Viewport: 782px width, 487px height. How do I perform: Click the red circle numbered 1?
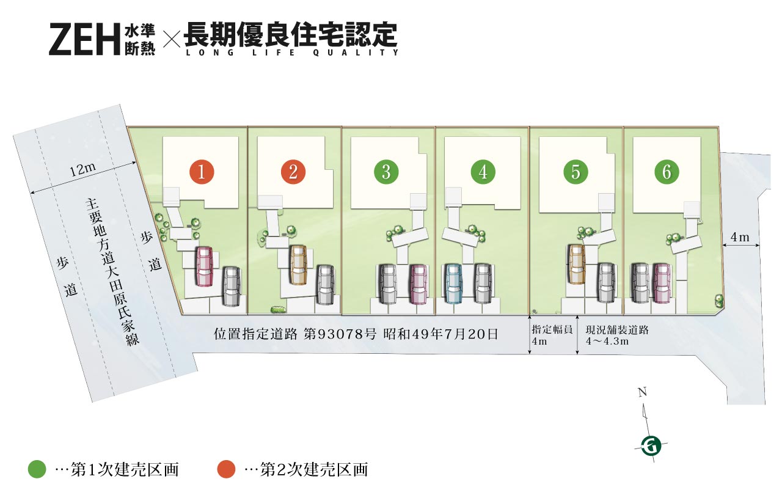click(202, 172)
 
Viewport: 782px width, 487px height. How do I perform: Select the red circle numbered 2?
click(293, 172)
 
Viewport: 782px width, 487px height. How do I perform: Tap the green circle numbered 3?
click(386, 172)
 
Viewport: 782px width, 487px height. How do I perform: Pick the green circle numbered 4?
click(483, 172)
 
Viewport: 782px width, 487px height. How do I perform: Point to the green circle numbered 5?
click(576, 172)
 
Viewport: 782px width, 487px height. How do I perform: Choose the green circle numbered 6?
click(667, 172)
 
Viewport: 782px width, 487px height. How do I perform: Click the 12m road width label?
click(82, 170)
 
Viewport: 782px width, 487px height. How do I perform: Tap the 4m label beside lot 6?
click(740, 237)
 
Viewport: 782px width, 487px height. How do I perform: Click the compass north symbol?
click(651, 446)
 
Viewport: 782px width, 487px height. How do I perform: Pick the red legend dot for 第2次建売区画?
click(226, 469)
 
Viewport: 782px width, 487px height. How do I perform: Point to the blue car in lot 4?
click(453, 284)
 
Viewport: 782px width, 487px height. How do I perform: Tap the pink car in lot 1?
click(204, 267)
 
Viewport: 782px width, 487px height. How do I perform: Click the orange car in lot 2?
click(298, 265)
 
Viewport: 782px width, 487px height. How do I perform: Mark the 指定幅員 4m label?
click(552, 335)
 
